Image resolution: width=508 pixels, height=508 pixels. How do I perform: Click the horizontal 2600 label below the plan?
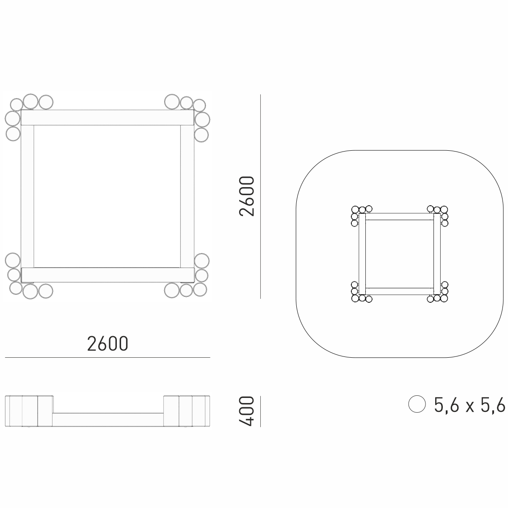[108, 343]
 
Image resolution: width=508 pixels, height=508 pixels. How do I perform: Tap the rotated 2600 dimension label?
[246, 196]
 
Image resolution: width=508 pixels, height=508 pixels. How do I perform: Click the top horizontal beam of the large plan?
[107, 117]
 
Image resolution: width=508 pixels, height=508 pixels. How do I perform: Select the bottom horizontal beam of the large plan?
[108, 275]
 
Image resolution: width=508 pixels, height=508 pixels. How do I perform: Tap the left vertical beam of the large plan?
[28, 196]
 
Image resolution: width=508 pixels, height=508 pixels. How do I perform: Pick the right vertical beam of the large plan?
[188, 196]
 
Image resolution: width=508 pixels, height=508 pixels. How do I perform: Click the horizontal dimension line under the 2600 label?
[108, 357]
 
